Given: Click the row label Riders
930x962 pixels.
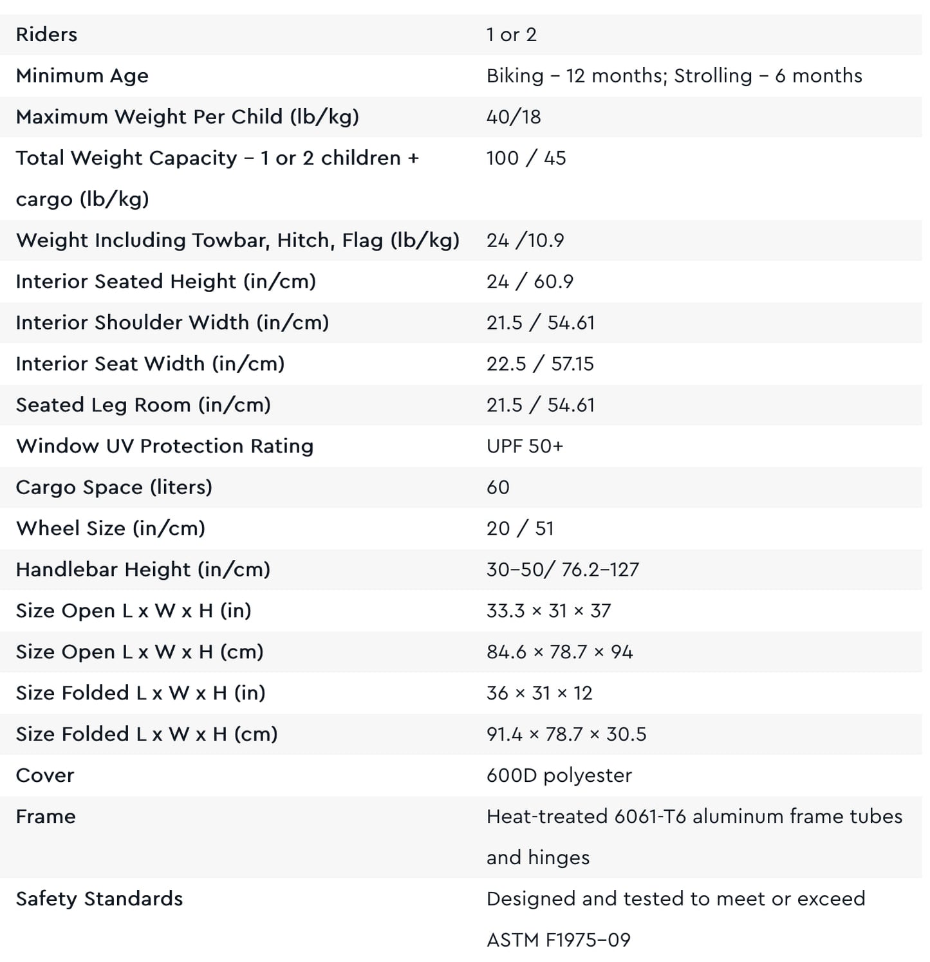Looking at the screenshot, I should (46, 35).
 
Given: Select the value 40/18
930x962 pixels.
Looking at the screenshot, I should (514, 117).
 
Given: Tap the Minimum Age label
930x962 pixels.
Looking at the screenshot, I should (82, 76).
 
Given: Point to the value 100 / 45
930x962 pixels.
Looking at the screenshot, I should (526, 158).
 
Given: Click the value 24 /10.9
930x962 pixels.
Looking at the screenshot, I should (525, 241).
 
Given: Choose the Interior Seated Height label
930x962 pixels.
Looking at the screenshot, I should (165, 282).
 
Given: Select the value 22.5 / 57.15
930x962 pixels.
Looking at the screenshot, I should (540, 364).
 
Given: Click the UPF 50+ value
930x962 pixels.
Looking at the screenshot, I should (525, 447).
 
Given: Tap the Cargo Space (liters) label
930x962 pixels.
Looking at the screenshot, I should (114, 488).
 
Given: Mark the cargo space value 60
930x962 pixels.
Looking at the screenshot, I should (498, 488).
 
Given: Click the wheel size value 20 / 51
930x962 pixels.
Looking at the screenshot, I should (520, 529).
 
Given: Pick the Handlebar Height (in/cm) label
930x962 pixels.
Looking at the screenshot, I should (143, 570).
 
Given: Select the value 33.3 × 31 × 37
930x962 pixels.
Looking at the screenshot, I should (548, 611).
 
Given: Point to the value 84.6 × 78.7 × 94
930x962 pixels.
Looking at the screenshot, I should (559, 652).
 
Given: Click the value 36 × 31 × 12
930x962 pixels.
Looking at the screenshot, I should (539, 694).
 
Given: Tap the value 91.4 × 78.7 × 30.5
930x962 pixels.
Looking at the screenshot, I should (566, 735).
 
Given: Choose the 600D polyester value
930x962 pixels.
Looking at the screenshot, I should (559, 776).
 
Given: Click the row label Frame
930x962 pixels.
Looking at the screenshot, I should (46, 817).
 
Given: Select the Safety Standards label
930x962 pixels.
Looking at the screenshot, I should (99, 900).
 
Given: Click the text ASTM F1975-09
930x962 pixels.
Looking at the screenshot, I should (558, 941).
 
